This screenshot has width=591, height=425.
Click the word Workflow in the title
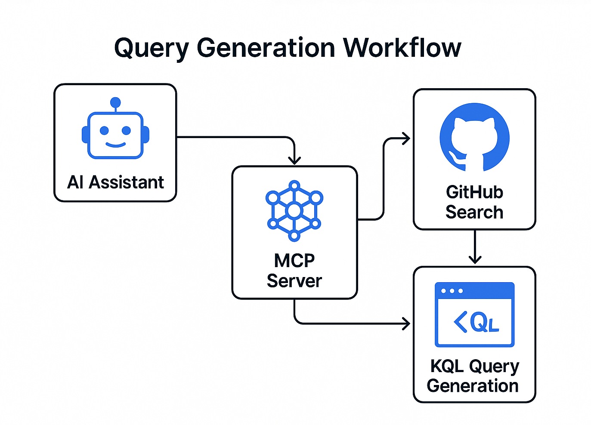(x=402, y=47)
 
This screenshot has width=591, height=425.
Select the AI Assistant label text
(x=115, y=182)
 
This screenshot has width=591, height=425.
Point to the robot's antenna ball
(x=115, y=102)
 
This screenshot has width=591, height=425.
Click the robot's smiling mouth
(x=115, y=145)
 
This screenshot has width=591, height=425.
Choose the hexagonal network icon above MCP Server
(x=294, y=211)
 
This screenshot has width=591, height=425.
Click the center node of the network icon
(x=294, y=211)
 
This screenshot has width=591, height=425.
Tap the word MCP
(x=294, y=260)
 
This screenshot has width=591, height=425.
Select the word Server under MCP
(x=294, y=281)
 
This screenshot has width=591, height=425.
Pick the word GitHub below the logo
(x=474, y=192)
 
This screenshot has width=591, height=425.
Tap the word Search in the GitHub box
(x=474, y=212)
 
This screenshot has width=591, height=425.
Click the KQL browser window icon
(x=474, y=314)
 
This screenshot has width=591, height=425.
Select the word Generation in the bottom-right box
(x=473, y=386)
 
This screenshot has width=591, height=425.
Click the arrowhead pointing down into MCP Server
(x=294, y=160)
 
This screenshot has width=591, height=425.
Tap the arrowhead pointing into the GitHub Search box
(x=406, y=139)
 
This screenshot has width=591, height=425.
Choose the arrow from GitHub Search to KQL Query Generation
(x=475, y=247)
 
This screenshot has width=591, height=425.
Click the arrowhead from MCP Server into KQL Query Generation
(x=406, y=323)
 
